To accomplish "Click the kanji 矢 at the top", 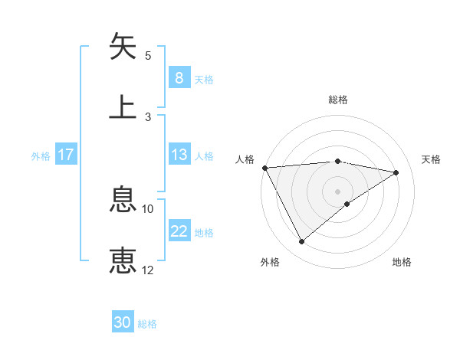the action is (x=123, y=47).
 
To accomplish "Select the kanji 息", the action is (x=123, y=201).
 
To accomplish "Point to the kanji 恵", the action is (x=123, y=260).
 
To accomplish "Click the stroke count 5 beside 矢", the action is (x=148, y=56).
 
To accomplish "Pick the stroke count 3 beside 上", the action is (x=148, y=116).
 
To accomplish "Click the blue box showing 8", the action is (x=179, y=77).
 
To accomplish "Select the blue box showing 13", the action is (x=179, y=155).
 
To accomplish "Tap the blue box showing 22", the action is (x=179, y=231).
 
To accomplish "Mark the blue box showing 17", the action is (x=66, y=155).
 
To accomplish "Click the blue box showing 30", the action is (x=123, y=322).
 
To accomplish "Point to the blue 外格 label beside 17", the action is (x=41, y=156).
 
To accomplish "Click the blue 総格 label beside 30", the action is (x=148, y=324).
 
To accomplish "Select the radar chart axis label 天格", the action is (x=432, y=159).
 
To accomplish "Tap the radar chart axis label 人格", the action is (x=245, y=159).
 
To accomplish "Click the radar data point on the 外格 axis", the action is (x=301, y=242).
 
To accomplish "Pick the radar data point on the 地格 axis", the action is (x=347, y=204).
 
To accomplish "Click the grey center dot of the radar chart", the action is (x=338, y=191).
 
